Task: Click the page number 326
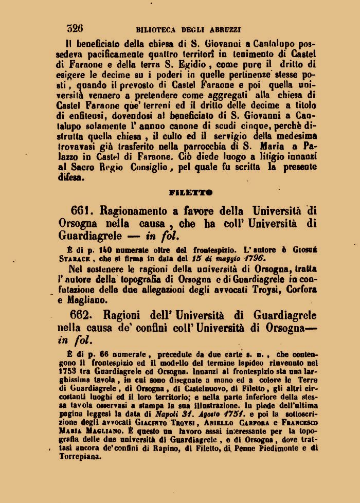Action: click(x=75, y=28)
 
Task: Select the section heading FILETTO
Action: click(x=190, y=193)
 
